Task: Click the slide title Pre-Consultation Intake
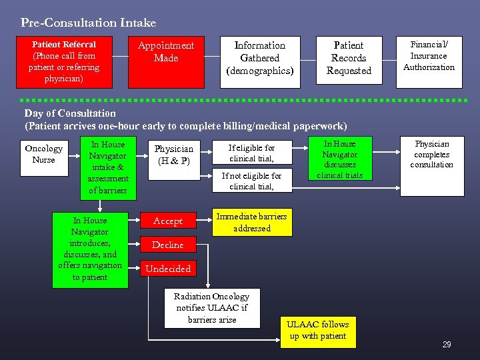88,23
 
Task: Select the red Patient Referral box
65,62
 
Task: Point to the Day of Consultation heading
70,113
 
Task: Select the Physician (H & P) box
173,155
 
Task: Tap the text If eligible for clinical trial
251,153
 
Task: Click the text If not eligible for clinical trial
251,181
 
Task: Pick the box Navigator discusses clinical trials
339,159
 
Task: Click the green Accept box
167,221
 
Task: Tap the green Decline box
167,245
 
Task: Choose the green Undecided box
167,269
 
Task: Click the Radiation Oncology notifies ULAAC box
211,308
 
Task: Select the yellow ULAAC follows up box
317,331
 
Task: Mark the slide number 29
446,345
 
